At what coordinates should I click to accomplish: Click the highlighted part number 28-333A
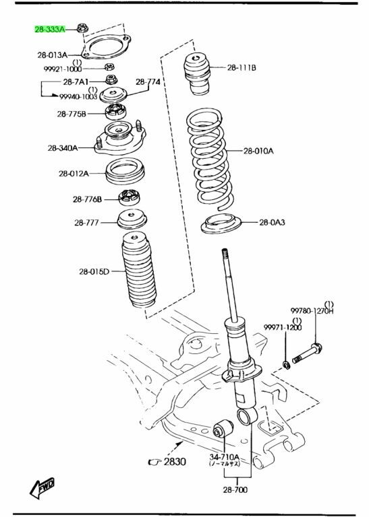coord(50,30)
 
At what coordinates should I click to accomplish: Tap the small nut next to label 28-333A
coord(82,28)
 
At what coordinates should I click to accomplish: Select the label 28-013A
coord(52,55)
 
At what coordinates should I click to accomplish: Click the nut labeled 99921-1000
coord(110,67)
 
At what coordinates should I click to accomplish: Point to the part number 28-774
coord(148,81)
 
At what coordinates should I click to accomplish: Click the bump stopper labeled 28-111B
coord(196,74)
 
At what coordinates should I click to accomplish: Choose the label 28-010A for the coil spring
coord(258,151)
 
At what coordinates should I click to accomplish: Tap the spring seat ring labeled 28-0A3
coord(221,224)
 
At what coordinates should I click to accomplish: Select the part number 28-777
coord(86,223)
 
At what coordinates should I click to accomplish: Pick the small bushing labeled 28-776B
coord(129,197)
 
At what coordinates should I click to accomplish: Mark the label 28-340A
coord(63,148)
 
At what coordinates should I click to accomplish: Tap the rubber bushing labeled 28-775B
coord(115,112)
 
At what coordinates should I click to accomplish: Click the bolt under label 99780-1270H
coord(307,353)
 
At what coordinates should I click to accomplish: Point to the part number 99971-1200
coord(283,327)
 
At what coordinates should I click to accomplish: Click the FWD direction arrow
coord(42,487)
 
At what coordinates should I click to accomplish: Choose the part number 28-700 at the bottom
coord(235,489)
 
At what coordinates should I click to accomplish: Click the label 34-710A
coord(224,457)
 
